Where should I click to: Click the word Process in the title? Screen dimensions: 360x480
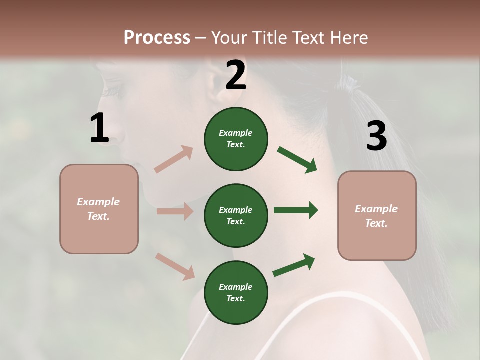pyautogui.click(x=157, y=38)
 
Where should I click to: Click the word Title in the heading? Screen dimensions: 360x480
pyautogui.click(x=269, y=38)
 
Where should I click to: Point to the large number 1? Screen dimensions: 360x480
pyautogui.click(x=99, y=128)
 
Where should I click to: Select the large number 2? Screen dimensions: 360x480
pyautogui.click(x=236, y=75)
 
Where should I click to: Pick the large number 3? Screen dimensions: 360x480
pyautogui.click(x=376, y=136)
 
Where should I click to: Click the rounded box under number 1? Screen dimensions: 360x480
pyautogui.click(x=99, y=209)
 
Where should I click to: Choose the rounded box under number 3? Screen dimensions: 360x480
pyautogui.click(x=377, y=216)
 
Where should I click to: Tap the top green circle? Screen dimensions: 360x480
pyautogui.click(x=236, y=139)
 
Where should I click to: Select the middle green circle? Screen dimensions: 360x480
pyautogui.click(x=236, y=216)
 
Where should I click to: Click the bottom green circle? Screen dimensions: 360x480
pyautogui.click(x=236, y=293)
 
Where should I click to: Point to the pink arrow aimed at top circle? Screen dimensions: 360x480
pyautogui.click(x=174, y=159)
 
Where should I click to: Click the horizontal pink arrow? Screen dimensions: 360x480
pyautogui.click(x=175, y=211)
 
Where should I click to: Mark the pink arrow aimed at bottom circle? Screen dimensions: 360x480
pyautogui.click(x=175, y=266)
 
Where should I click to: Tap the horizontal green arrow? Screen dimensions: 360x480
pyautogui.click(x=296, y=210)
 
